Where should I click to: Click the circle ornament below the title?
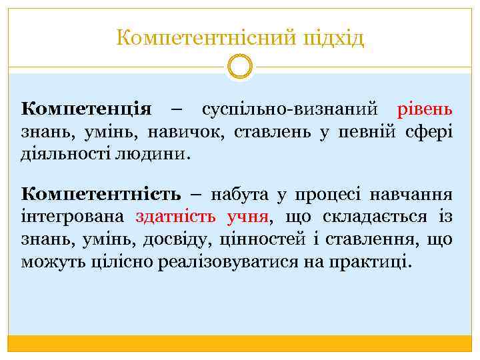[x=240, y=67]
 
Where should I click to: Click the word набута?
[x=239, y=195]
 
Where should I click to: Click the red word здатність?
[x=175, y=217]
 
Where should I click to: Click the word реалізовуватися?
[x=241, y=261]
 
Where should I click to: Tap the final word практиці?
[x=373, y=261]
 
